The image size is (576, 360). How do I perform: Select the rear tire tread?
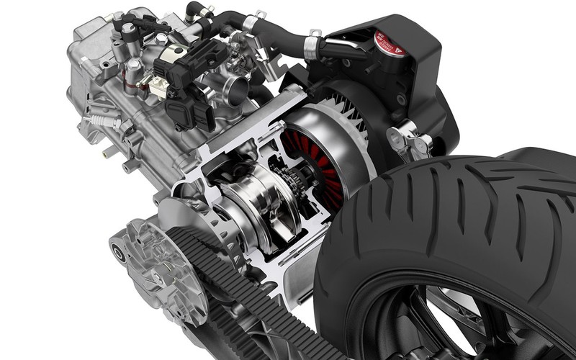432,216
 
